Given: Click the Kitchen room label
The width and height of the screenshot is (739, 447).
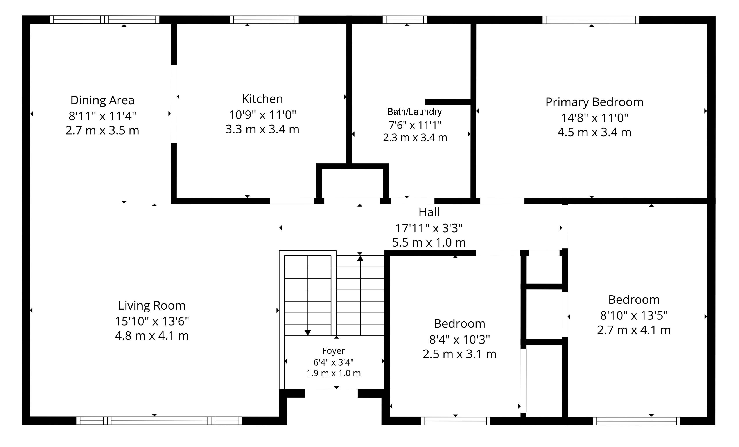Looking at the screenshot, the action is [x=262, y=99].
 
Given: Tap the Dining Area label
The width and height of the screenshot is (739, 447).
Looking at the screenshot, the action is [x=102, y=100].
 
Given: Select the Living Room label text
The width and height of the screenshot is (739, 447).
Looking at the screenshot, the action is [x=152, y=305].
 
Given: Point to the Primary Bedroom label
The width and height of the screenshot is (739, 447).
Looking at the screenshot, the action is [x=594, y=102].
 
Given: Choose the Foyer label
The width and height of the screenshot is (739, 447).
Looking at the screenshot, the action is [x=334, y=351].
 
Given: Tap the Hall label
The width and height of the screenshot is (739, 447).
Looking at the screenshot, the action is [x=429, y=212].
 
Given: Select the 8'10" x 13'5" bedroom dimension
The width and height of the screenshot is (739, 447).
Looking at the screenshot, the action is [x=634, y=315].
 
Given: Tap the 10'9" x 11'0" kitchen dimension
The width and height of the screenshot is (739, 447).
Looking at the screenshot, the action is [x=262, y=115].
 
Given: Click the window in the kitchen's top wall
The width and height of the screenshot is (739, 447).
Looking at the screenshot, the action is [x=264, y=20].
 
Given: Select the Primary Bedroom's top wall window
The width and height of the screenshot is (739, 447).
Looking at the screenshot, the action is [x=591, y=20].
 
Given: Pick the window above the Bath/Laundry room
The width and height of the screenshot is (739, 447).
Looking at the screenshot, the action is [x=405, y=20].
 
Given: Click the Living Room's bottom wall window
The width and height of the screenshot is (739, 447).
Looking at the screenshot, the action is [x=159, y=421].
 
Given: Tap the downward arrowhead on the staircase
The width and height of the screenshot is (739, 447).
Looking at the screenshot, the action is [x=307, y=333].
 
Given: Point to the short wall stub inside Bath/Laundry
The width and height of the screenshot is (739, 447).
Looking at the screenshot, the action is [x=448, y=102].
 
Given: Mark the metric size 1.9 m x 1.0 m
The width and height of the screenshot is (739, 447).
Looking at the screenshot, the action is [x=334, y=373].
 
